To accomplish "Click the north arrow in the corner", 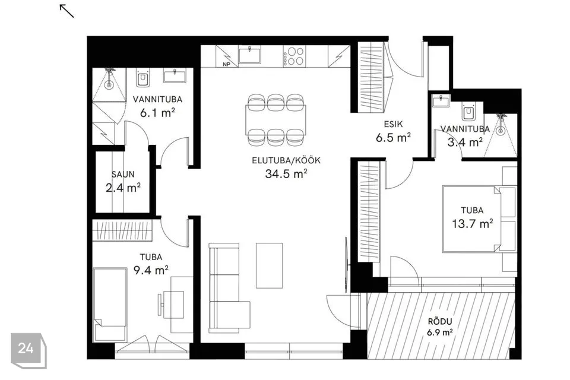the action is [67, 11].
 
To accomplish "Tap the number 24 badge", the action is [28, 350].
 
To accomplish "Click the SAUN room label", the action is [123, 174].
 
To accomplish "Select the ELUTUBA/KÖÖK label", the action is [286, 160].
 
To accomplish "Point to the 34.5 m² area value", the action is [286, 174].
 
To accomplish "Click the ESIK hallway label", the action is [393, 124].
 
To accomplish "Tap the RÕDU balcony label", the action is [440, 321].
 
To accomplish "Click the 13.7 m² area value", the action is [472, 223].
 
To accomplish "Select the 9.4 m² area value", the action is [151, 270].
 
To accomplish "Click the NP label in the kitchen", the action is [226, 64].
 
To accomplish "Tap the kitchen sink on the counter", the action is [250, 55].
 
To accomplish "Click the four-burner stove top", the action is [294, 56].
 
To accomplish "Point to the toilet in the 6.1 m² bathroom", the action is [142, 78].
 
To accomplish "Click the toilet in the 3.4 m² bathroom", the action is [468, 111].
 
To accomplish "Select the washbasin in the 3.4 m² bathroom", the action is [441, 101].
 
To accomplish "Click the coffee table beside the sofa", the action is [269, 265].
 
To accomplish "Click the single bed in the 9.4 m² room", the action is [110, 305].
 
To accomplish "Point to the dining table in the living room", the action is [275, 120].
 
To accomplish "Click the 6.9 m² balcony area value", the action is [440, 332].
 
